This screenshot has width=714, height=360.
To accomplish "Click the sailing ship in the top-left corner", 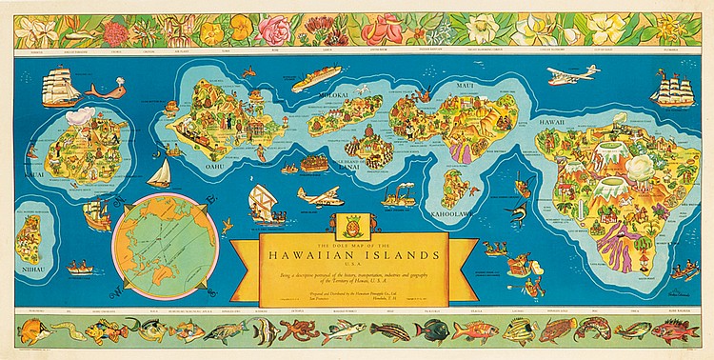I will point(60,87).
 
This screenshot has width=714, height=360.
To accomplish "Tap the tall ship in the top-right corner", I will point(670,88).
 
